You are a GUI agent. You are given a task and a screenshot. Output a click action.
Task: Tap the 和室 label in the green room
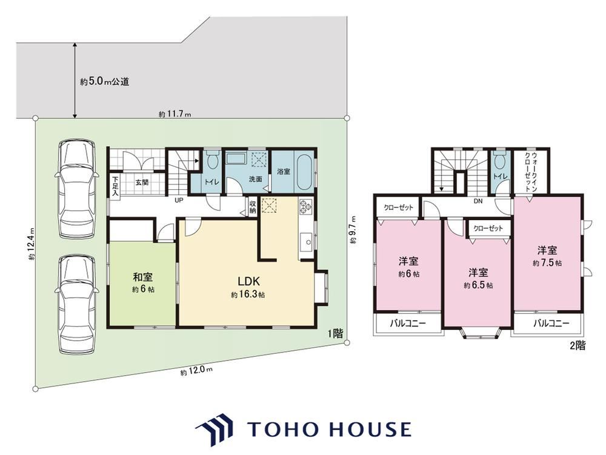[143, 277]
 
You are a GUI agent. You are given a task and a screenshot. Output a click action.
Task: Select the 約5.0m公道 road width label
[105, 82]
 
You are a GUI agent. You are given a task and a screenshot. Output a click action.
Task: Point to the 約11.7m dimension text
[175, 114]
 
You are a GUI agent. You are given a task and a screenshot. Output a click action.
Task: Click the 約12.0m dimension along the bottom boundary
[196, 371]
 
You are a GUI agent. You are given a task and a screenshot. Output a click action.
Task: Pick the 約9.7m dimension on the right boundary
[353, 229]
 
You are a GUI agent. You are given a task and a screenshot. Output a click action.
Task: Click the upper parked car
[76, 189]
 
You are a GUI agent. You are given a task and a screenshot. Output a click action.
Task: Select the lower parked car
[76, 305]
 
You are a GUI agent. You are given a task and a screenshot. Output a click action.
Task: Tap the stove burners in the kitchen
[305, 206]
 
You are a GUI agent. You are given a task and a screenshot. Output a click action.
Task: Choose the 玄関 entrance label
[142, 182]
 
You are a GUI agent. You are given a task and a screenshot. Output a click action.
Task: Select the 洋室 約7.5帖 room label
[547, 256]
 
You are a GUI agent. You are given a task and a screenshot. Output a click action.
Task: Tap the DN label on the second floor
[478, 201]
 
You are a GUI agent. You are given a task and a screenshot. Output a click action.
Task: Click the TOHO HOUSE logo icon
[215, 430]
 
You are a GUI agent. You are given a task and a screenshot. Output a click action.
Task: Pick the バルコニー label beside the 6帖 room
[407, 323]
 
